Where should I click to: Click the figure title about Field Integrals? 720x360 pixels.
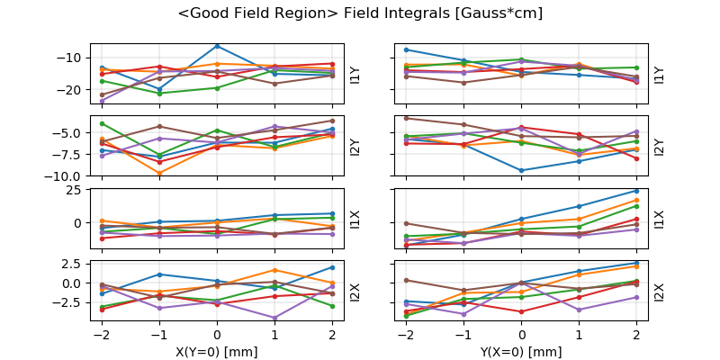[360, 13]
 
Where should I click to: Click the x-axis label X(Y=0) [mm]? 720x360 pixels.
[217, 352]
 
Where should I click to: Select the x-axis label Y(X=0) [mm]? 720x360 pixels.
[522, 352]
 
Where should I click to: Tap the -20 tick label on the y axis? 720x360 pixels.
[69, 90]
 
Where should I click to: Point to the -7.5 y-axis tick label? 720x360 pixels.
[66, 154]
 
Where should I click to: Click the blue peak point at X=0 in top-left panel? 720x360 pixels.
[217, 46]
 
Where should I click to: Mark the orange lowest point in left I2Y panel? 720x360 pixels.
[159, 173]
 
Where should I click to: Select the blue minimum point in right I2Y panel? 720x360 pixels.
[522, 170]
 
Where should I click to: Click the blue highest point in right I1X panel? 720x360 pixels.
[636, 191]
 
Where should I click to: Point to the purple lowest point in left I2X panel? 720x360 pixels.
[274, 318]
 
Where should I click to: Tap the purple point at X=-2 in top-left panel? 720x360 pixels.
[102, 101]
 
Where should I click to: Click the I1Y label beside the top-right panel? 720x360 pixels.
[660, 74]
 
